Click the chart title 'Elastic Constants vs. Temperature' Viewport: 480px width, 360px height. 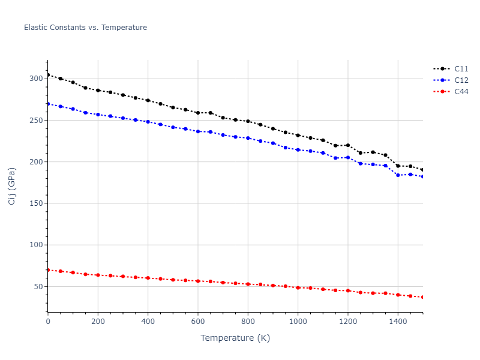click(x=85, y=28)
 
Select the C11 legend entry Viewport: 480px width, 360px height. click(x=461, y=69)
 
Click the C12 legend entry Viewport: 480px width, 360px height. click(x=461, y=80)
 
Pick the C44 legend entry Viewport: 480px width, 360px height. click(x=461, y=92)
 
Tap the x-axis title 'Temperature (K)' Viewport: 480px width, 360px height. click(x=235, y=338)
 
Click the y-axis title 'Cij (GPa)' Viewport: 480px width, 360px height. click(x=12, y=186)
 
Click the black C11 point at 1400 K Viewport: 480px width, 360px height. click(x=398, y=166)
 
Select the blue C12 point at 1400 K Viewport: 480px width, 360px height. click(x=398, y=175)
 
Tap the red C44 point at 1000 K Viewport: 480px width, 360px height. click(x=298, y=288)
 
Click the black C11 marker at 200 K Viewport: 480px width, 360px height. click(x=98, y=91)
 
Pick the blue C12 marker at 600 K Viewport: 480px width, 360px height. click(x=198, y=131)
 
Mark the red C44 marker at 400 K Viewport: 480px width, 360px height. click(x=148, y=278)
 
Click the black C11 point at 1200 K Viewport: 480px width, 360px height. click(x=348, y=145)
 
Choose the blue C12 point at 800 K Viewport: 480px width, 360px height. click(x=248, y=138)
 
